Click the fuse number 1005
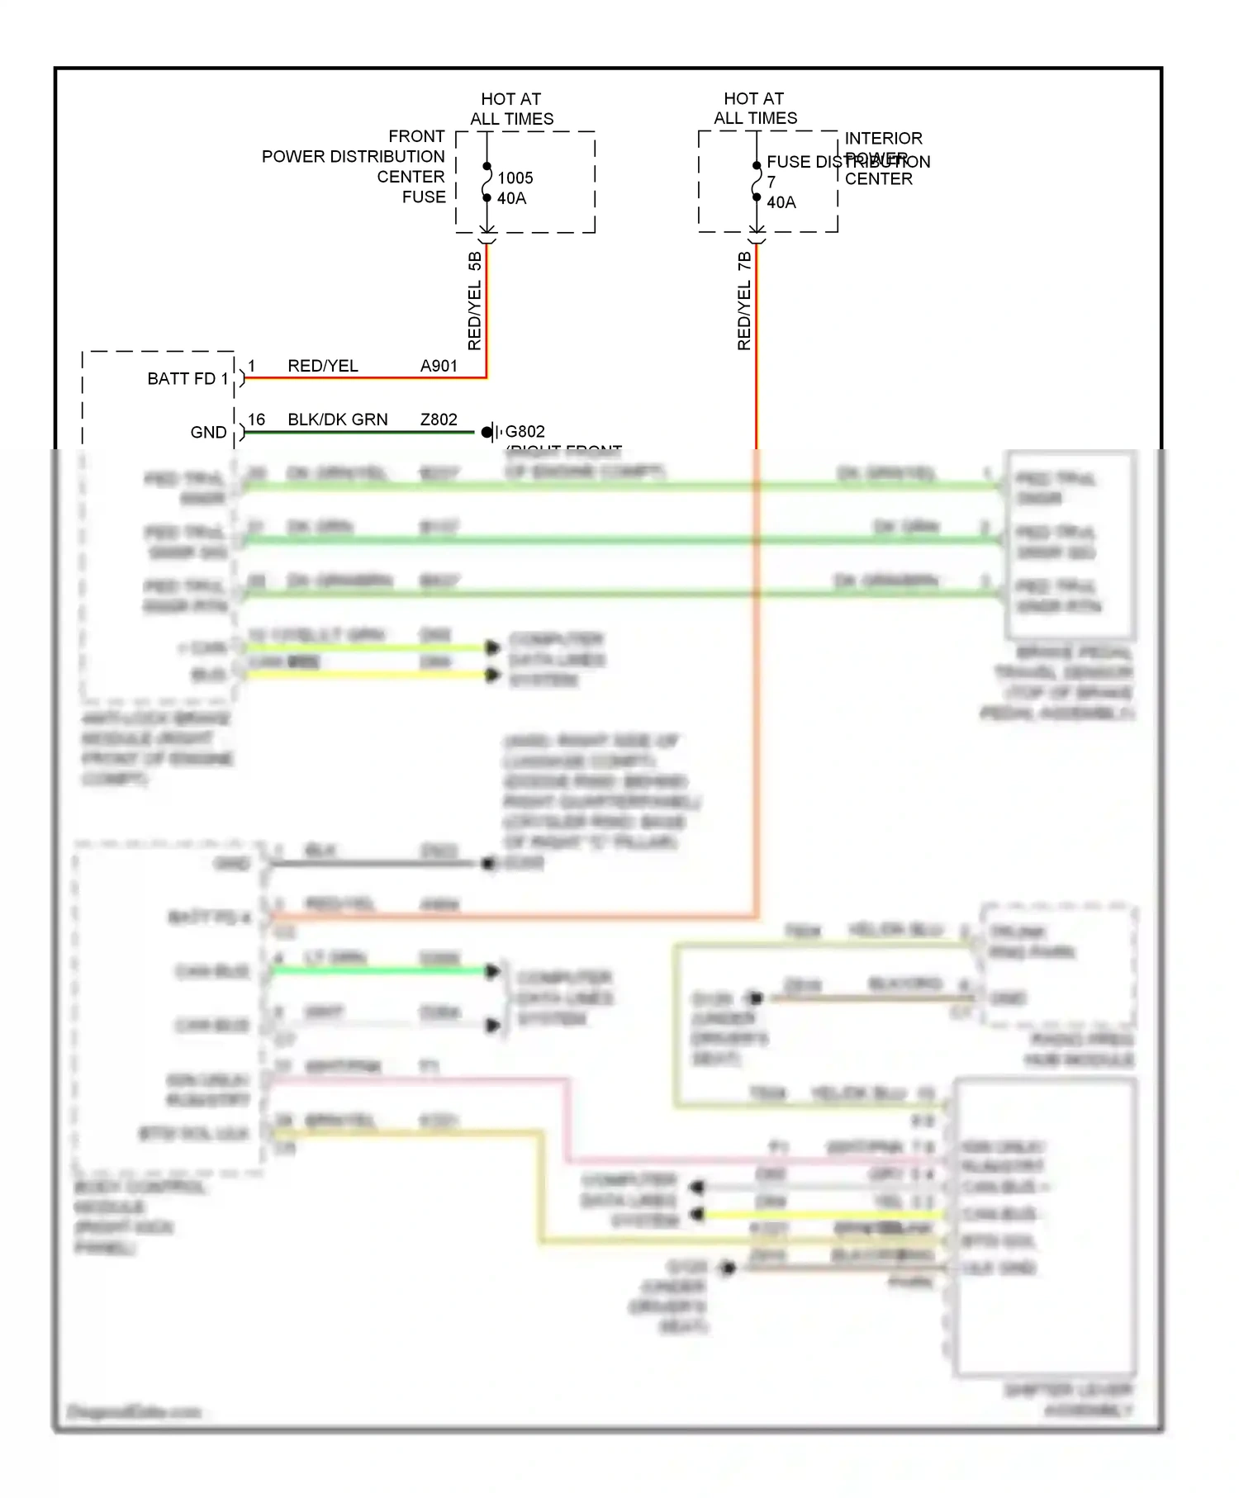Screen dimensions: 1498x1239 515,178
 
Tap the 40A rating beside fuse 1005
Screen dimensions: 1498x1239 511,198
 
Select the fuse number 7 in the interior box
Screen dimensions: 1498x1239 771,182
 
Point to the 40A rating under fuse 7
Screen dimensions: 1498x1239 781,202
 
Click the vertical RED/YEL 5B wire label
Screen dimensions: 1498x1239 475,301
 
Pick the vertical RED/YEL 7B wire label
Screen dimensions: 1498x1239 744,301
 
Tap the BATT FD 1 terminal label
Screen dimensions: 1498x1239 188,379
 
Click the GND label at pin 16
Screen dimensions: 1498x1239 208,433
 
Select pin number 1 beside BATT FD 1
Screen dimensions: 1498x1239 252,366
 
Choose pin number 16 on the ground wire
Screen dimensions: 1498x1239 257,420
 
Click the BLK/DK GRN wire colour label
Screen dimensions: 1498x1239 338,420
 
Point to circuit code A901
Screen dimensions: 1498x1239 439,366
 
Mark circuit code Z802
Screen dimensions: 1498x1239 439,420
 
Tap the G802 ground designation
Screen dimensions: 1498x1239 525,431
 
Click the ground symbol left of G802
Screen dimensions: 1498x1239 491,432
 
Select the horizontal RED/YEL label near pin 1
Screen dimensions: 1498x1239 323,366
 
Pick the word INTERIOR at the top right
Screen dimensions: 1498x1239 883,138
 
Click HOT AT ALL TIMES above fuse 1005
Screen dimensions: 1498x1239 511,109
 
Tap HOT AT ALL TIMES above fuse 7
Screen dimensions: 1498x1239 755,108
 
